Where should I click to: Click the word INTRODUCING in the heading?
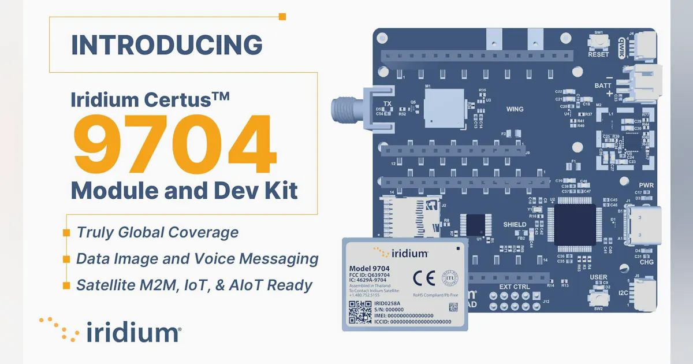tap(166, 46)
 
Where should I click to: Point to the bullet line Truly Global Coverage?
tap(157, 232)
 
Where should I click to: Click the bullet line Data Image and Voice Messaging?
tap(197, 259)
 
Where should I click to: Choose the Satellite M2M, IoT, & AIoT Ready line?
tap(194, 285)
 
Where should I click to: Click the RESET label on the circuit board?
tap(598, 55)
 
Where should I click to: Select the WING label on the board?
tap(515, 109)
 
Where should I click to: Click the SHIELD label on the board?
tap(515, 225)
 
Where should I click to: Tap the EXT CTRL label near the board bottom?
tap(514, 286)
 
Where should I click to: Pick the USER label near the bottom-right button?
tap(598, 278)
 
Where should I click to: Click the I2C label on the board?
tap(624, 292)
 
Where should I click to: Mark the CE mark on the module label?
tap(421, 278)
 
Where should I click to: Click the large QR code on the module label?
tap(360, 311)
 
